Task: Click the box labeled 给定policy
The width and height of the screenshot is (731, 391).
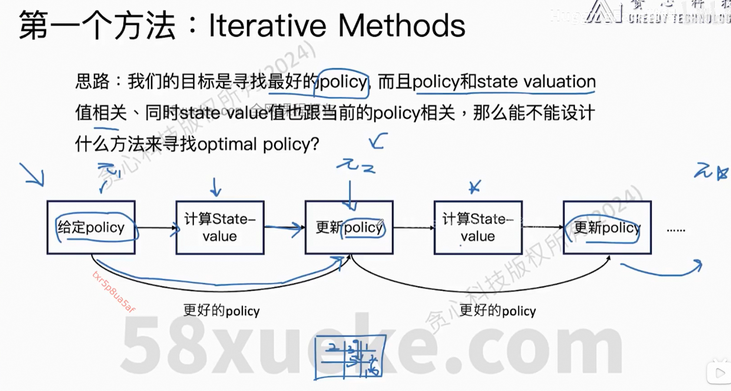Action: point(91,227)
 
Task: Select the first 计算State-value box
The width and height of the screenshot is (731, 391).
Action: point(220,227)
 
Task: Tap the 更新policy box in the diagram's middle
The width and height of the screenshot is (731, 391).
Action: point(349,227)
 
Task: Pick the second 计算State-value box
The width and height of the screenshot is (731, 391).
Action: point(478,227)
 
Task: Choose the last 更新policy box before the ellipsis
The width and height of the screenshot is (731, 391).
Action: point(607,227)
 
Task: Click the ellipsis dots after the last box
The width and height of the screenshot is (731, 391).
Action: point(676,230)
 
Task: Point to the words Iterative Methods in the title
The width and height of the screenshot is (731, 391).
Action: point(337,25)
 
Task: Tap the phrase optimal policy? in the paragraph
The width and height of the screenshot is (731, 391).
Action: point(258,144)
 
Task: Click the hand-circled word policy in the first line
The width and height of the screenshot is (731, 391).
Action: point(343,82)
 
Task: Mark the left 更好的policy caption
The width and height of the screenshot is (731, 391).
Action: point(221,311)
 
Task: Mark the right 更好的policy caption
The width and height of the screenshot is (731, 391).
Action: point(497,311)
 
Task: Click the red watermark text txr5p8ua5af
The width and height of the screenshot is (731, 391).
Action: point(114,292)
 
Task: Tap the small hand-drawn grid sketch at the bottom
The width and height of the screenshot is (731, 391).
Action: point(350,358)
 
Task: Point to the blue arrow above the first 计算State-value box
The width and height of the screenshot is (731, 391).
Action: point(215,187)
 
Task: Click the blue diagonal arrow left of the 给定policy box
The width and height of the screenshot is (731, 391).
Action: point(33,175)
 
